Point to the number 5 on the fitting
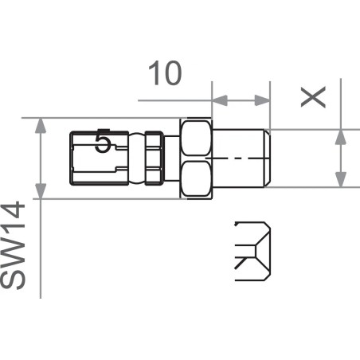coord(102,143)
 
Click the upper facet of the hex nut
coord(197,139)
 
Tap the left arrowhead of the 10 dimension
coord(218,100)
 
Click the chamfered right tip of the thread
coord(268,158)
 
